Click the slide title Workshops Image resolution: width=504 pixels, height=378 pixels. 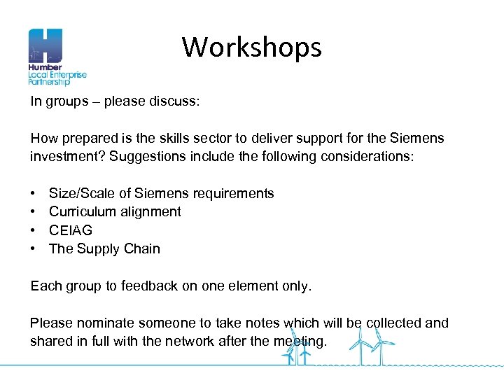252,48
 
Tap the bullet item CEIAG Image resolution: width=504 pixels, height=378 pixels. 71,230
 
